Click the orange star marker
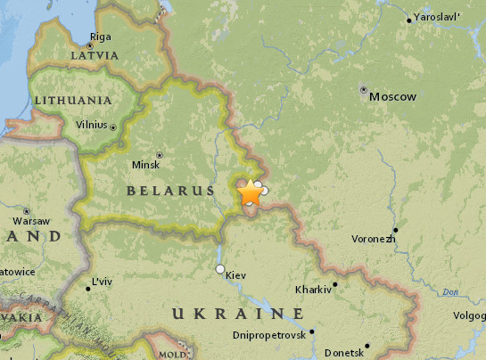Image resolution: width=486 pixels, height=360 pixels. (x=250, y=192)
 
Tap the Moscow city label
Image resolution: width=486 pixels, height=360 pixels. (x=392, y=96)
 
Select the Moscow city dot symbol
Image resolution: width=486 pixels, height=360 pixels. (x=363, y=90)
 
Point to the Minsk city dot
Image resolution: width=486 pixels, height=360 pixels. (x=160, y=155)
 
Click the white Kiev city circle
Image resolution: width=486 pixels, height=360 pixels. (x=219, y=268)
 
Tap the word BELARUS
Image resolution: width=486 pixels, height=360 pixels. (x=170, y=191)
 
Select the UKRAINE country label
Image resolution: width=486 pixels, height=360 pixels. (x=237, y=314)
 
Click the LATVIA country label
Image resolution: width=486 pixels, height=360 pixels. (x=94, y=55)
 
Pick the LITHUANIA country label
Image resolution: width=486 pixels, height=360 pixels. (x=72, y=101)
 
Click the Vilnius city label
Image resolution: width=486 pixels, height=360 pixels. (x=91, y=127)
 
